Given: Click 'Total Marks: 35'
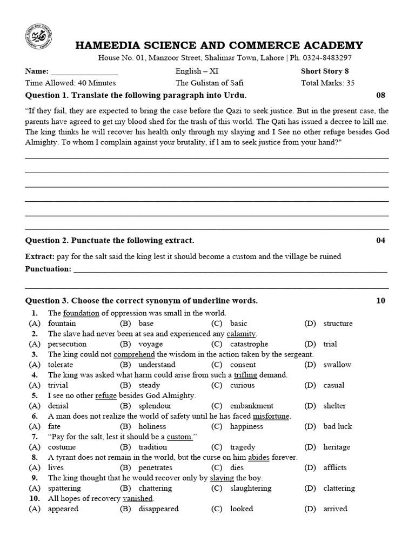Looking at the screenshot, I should point(327,83).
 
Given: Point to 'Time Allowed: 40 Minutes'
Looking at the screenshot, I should point(70,83).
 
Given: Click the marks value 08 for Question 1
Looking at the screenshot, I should point(381,95).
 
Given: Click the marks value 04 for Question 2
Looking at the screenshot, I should point(381,240).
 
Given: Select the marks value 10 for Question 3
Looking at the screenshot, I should point(381,300).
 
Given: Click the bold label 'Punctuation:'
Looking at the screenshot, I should point(48,269).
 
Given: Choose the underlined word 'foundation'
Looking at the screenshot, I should point(81,313).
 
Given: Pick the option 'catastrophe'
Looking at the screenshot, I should point(249,344).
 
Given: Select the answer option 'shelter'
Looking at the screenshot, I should point(334,405).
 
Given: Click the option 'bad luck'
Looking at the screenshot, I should point(337,426).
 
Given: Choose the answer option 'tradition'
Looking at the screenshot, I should point(153,446).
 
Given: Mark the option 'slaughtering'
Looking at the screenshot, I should point(250,487).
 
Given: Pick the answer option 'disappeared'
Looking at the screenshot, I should point(158,508).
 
